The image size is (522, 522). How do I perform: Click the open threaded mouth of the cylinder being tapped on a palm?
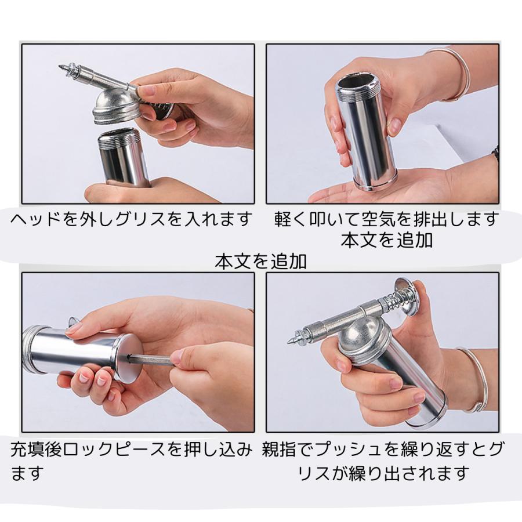click(x=357, y=85)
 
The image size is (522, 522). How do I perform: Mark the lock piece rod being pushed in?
click(x=150, y=360)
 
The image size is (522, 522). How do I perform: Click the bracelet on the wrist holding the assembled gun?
click(x=474, y=379)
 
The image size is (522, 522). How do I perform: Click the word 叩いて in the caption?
click(x=330, y=219)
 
